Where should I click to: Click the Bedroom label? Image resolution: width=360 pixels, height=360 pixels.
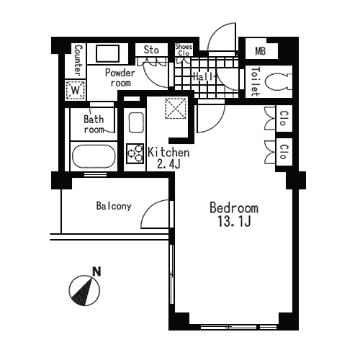tap(234, 208)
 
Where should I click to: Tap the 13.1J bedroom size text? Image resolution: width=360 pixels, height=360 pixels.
tap(234, 221)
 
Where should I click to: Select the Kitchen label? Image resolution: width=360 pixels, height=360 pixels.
tap(168, 153)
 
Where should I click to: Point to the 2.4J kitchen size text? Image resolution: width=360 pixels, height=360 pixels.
tap(168, 164)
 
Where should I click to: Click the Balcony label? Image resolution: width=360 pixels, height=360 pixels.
tap(114, 206)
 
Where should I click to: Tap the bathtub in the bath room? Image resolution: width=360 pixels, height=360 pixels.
tap(94, 156)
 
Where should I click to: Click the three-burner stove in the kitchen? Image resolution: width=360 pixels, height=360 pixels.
tap(135, 153)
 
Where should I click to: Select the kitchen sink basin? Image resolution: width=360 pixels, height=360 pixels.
tap(136, 122)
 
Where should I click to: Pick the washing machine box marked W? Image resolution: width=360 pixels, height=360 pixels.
tap(76, 90)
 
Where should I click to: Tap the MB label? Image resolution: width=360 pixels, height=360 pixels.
tap(261, 51)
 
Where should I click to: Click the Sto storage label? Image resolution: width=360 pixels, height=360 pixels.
tap(151, 50)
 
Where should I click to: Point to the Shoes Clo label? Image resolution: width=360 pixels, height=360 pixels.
tap(184, 50)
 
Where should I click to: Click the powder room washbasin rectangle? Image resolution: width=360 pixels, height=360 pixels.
tap(107, 53)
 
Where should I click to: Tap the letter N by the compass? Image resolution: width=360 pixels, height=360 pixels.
tap(96, 271)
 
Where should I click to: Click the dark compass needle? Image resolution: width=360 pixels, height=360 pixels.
tap(83, 293)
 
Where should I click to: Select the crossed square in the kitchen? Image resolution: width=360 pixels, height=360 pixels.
tap(176, 108)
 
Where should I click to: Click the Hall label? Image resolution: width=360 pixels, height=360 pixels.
tap(203, 76)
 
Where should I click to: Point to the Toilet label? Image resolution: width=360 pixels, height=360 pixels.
tap(256, 81)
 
